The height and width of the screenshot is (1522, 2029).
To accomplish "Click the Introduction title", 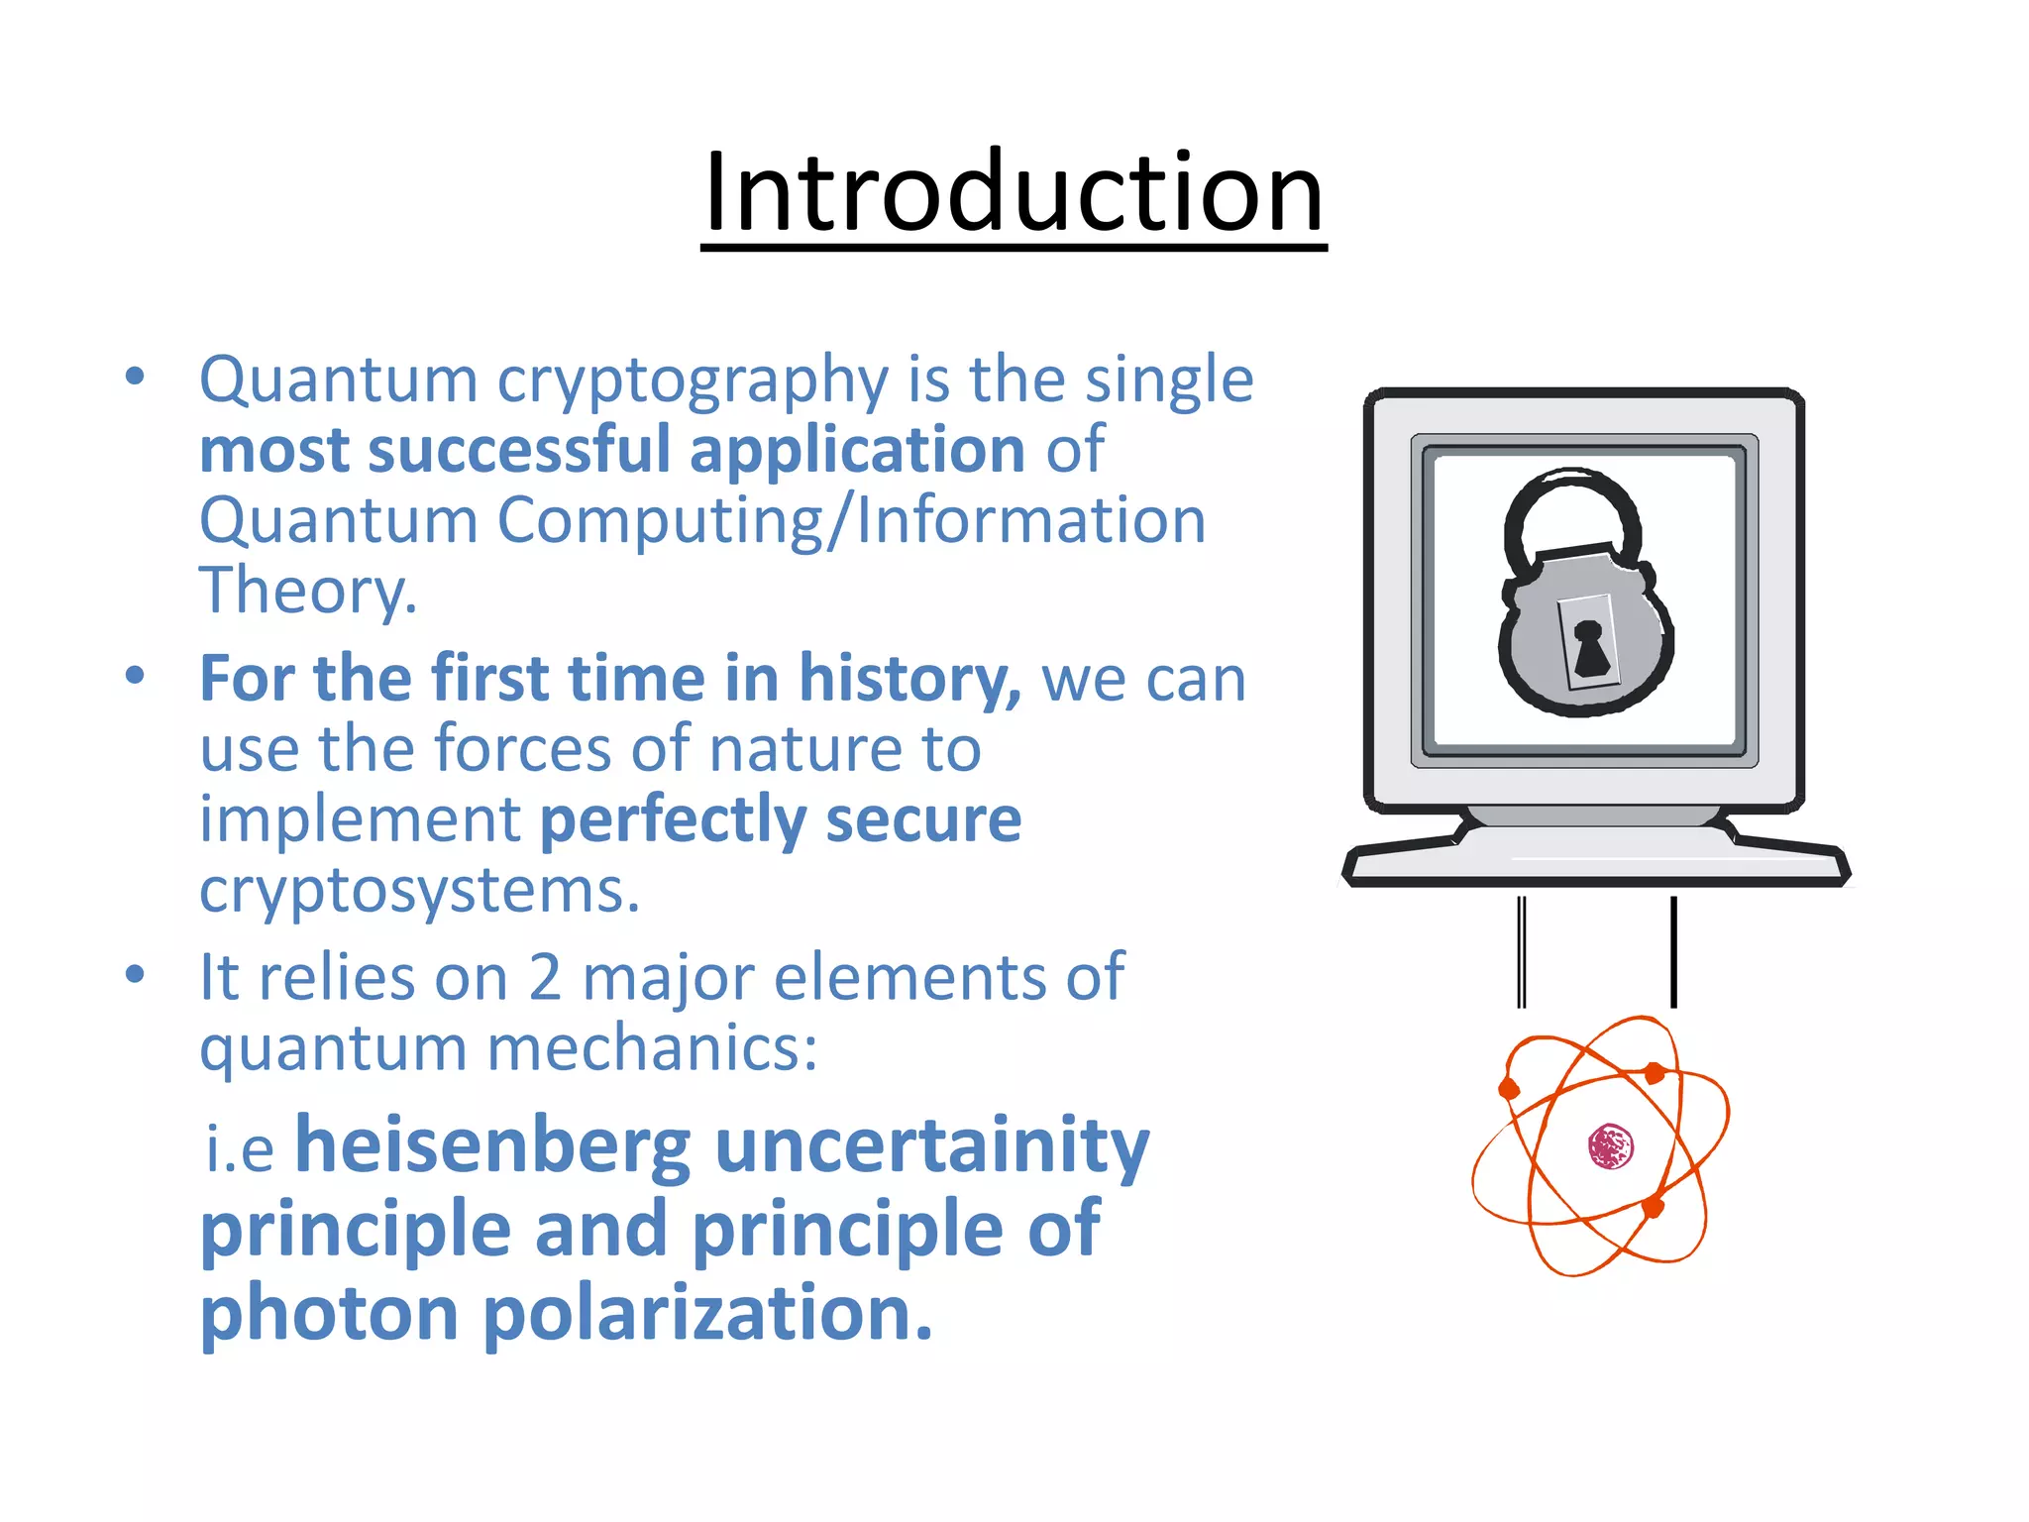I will click(x=1014, y=193).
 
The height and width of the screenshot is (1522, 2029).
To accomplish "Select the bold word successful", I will click(x=519, y=451).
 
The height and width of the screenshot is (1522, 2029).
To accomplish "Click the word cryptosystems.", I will click(x=419, y=891).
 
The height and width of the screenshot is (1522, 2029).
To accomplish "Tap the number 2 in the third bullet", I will click(x=544, y=979).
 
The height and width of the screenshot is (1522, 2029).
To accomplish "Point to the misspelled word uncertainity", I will click(x=931, y=1146).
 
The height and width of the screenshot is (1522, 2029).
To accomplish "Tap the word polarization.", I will click(x=706, y=1313).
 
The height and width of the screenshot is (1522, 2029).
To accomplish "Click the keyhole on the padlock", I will click(x=1590, y=649).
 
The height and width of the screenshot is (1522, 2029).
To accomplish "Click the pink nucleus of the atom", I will click(x=1610, y=1146).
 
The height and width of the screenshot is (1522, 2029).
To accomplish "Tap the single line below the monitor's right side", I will click(x=1673, y=951).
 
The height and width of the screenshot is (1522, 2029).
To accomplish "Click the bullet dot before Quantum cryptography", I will click(x=136, y=377).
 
